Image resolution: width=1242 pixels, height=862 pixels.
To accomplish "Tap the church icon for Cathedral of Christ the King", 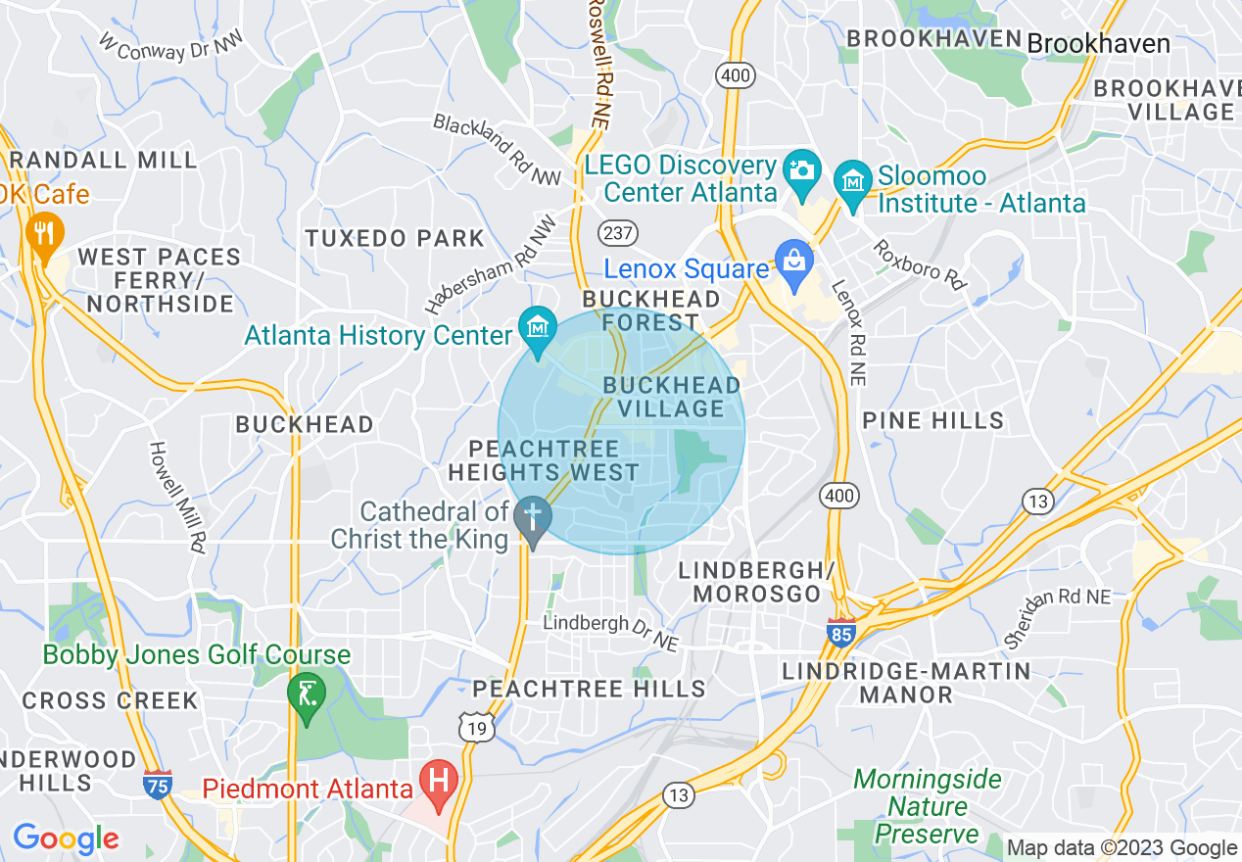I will pyautogui.click(x=533, y=515).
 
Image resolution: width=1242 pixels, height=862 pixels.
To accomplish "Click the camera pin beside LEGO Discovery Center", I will pyautogui.click(x=801, y=169).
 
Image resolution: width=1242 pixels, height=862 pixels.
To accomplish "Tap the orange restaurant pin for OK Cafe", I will pyautogui.click(x=43, y=234).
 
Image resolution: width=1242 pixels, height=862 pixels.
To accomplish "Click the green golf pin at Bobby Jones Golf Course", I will pyautogui.click(x=307, y=694).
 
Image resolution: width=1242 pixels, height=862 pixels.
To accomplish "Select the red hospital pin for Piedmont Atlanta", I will pyautogui.click(x=438, y=782).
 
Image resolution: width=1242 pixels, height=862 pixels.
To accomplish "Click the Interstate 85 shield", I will pyautogui.click(x=841, y=632).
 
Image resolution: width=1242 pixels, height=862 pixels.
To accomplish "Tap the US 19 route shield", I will pyautogui.click(x=475, y=726).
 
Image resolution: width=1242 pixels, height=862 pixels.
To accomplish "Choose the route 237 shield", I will pyautogui.click(x=618, y=233).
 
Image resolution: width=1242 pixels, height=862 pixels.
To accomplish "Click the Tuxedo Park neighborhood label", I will pyautogui.click(x=395, y=238).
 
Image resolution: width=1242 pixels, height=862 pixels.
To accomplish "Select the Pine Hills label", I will pyautogui.click(x=932, y=420).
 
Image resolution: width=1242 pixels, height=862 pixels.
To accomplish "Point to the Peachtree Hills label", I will pyautogui.click(x=590, y=689).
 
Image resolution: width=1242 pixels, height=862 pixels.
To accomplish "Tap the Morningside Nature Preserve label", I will pyautogui.click(x=927, y=807).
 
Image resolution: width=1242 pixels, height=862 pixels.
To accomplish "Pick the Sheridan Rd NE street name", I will pyautogui.click(x=1058, y=618).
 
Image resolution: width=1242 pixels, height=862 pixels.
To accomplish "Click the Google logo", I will pyautogui.click(x=66, y=838).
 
